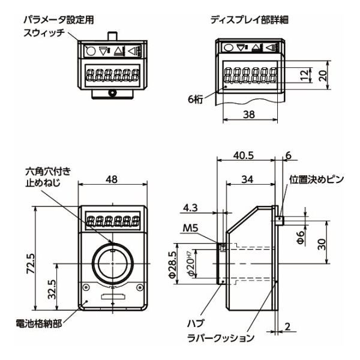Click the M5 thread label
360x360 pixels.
191,228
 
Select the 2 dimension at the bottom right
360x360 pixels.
290,327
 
